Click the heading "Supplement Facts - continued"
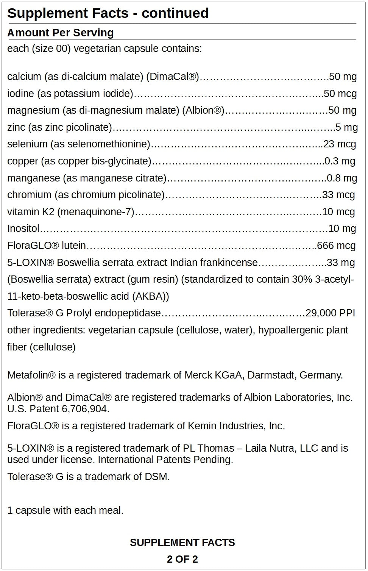(108, 13)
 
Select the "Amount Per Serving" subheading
(61, 33)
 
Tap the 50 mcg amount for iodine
(340, 94)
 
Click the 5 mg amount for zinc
(346, 127)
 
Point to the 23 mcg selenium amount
(340, 144)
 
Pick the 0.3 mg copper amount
(340, 161)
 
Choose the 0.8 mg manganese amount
(341, 178)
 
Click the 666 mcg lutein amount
(336, 246)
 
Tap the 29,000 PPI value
(330, 313)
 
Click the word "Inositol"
(23, 229)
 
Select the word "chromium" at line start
(29, 195)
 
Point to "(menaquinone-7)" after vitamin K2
(96, 212)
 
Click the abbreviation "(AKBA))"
(151, 296)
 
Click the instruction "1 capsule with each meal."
(65, 511)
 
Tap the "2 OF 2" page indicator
(182, 559)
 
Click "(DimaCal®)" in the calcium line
(172, 77)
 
